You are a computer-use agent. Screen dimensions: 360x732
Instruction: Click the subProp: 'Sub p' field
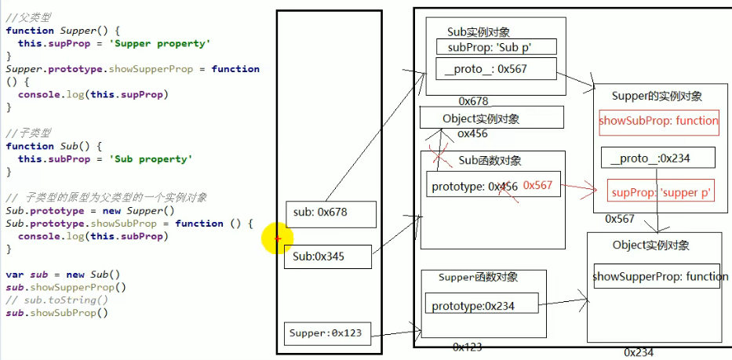[x=496, y=46]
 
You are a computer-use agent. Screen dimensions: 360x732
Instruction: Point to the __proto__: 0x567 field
[x=496, y=69]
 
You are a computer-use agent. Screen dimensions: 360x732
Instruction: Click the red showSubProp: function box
[x=658, y=121]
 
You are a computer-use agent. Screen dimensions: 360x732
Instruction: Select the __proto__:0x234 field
[x=658, y=158]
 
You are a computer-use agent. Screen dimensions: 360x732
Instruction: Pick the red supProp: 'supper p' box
[x=660, y=191]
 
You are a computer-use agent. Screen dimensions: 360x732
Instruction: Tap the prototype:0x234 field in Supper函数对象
[x=481, y=306]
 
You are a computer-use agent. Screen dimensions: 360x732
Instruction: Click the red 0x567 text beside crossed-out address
[x=537, y=185]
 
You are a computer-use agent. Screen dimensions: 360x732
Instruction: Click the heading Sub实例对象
[x=478, y=32]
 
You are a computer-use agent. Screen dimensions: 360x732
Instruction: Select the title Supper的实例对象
[x=656, y=96]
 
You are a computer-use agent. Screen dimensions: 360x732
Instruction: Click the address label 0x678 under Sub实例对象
[x=473, y=101]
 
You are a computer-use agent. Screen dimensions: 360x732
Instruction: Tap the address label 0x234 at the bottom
[x=638, y=353]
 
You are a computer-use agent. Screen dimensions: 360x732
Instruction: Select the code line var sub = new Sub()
[x=63, y=275]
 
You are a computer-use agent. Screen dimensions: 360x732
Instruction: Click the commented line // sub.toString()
[x=56, y=300]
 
